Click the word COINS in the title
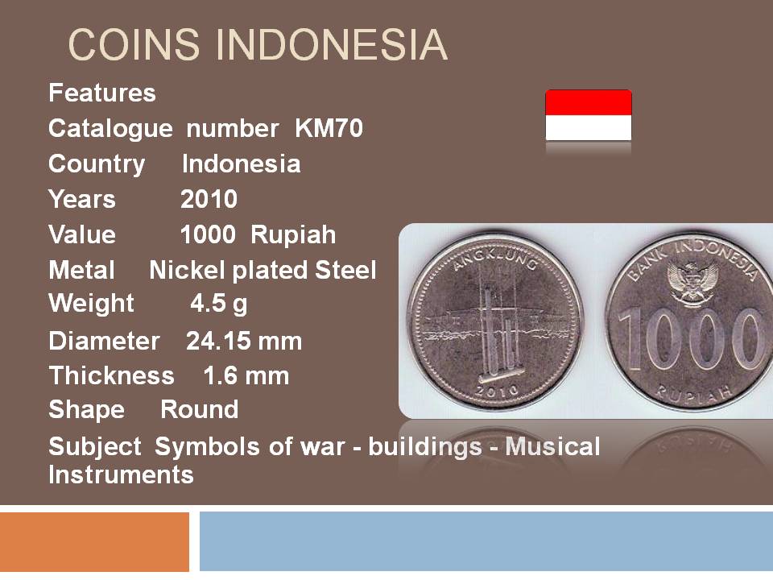[134, 45]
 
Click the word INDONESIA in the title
[331, 45]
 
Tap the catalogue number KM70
[329, 129]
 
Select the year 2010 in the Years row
[209, 199]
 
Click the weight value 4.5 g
[219, 304]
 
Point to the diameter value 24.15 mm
[244, 342]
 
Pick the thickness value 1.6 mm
[246, 376]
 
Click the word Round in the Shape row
[199, 410]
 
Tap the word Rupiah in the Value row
[293, 235]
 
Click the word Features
[102, 93]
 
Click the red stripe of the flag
[589, 102]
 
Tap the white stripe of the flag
[589, 128]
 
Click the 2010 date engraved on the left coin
[497, 391]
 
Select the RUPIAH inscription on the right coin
[693, 392]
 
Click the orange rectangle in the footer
[95, 541]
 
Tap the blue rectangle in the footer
[486, 541]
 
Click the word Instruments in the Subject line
[122, 475]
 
